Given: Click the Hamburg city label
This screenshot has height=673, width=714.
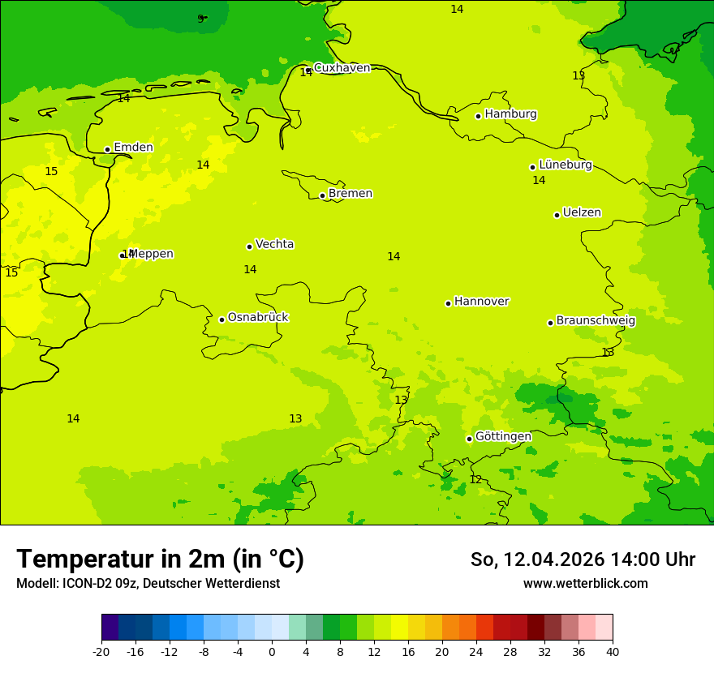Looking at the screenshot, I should [x=510, y=114].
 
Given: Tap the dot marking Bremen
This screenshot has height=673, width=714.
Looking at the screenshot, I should [x=322, y=195].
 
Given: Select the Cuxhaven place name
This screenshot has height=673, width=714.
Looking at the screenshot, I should [x=342, y=68].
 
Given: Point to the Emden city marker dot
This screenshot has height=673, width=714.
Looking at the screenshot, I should [x=107, y=149].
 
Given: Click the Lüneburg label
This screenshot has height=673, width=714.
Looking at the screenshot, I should [x=565, y=165].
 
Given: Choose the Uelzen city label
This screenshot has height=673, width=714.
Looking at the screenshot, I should [x=582, y=212].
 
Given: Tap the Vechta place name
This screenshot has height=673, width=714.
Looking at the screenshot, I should [x=274, y=244].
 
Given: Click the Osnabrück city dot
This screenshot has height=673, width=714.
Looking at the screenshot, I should [x=222, y=319].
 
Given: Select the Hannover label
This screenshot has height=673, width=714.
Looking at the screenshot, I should [x=481, y=302].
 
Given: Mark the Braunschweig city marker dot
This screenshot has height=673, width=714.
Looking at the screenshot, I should [x=550, y=323].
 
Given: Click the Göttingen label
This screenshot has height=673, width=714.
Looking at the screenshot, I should [x=503, y=436].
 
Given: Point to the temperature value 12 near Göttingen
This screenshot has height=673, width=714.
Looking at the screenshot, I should [x=475, y=479].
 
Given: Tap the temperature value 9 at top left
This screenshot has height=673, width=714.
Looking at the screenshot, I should [x=200, y=19].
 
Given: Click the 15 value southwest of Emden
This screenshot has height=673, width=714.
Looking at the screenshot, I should [x=51, y=171].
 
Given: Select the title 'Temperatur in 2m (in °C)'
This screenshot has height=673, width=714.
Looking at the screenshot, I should [x=160, y=559].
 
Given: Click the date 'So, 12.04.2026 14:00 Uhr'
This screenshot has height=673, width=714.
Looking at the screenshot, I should [x=583, y=559].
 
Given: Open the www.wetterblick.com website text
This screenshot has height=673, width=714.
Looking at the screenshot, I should [x=585, y=583].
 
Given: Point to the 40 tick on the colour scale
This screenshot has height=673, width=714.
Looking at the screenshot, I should [x=613, y=651].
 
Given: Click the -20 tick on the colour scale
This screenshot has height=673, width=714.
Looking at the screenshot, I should [x=101, y=651].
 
